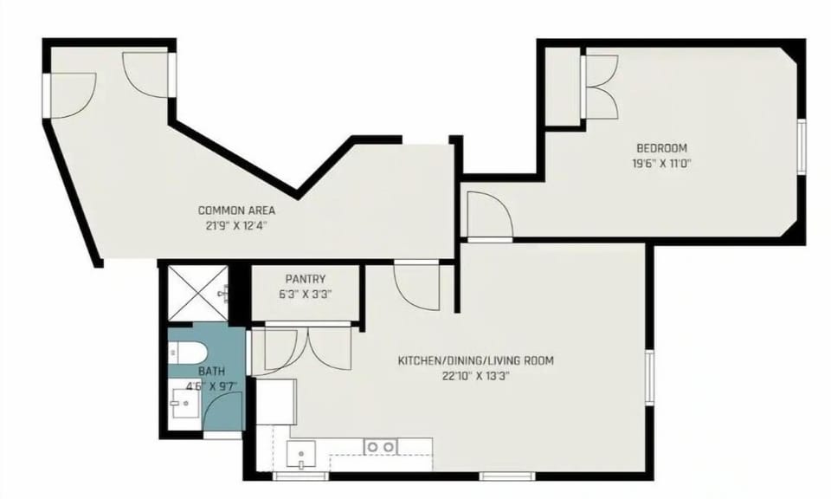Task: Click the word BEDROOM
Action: pos(661,148)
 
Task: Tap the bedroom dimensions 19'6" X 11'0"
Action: pos(661,162)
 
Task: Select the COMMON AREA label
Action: pos(236,211)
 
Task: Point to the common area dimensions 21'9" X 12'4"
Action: pos(236,224)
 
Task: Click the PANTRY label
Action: pos(305,279)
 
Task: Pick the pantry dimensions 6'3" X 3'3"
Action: pos(305,294)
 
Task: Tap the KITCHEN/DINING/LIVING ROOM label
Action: pos(475,360)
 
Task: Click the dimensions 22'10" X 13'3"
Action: pos(475,375)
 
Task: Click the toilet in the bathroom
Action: pos(188,353)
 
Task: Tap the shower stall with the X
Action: pos(196,292)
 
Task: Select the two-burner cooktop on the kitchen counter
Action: pos(380,447)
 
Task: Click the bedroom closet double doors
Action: pos(602,87)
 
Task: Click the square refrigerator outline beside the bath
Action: pos(275,399)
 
